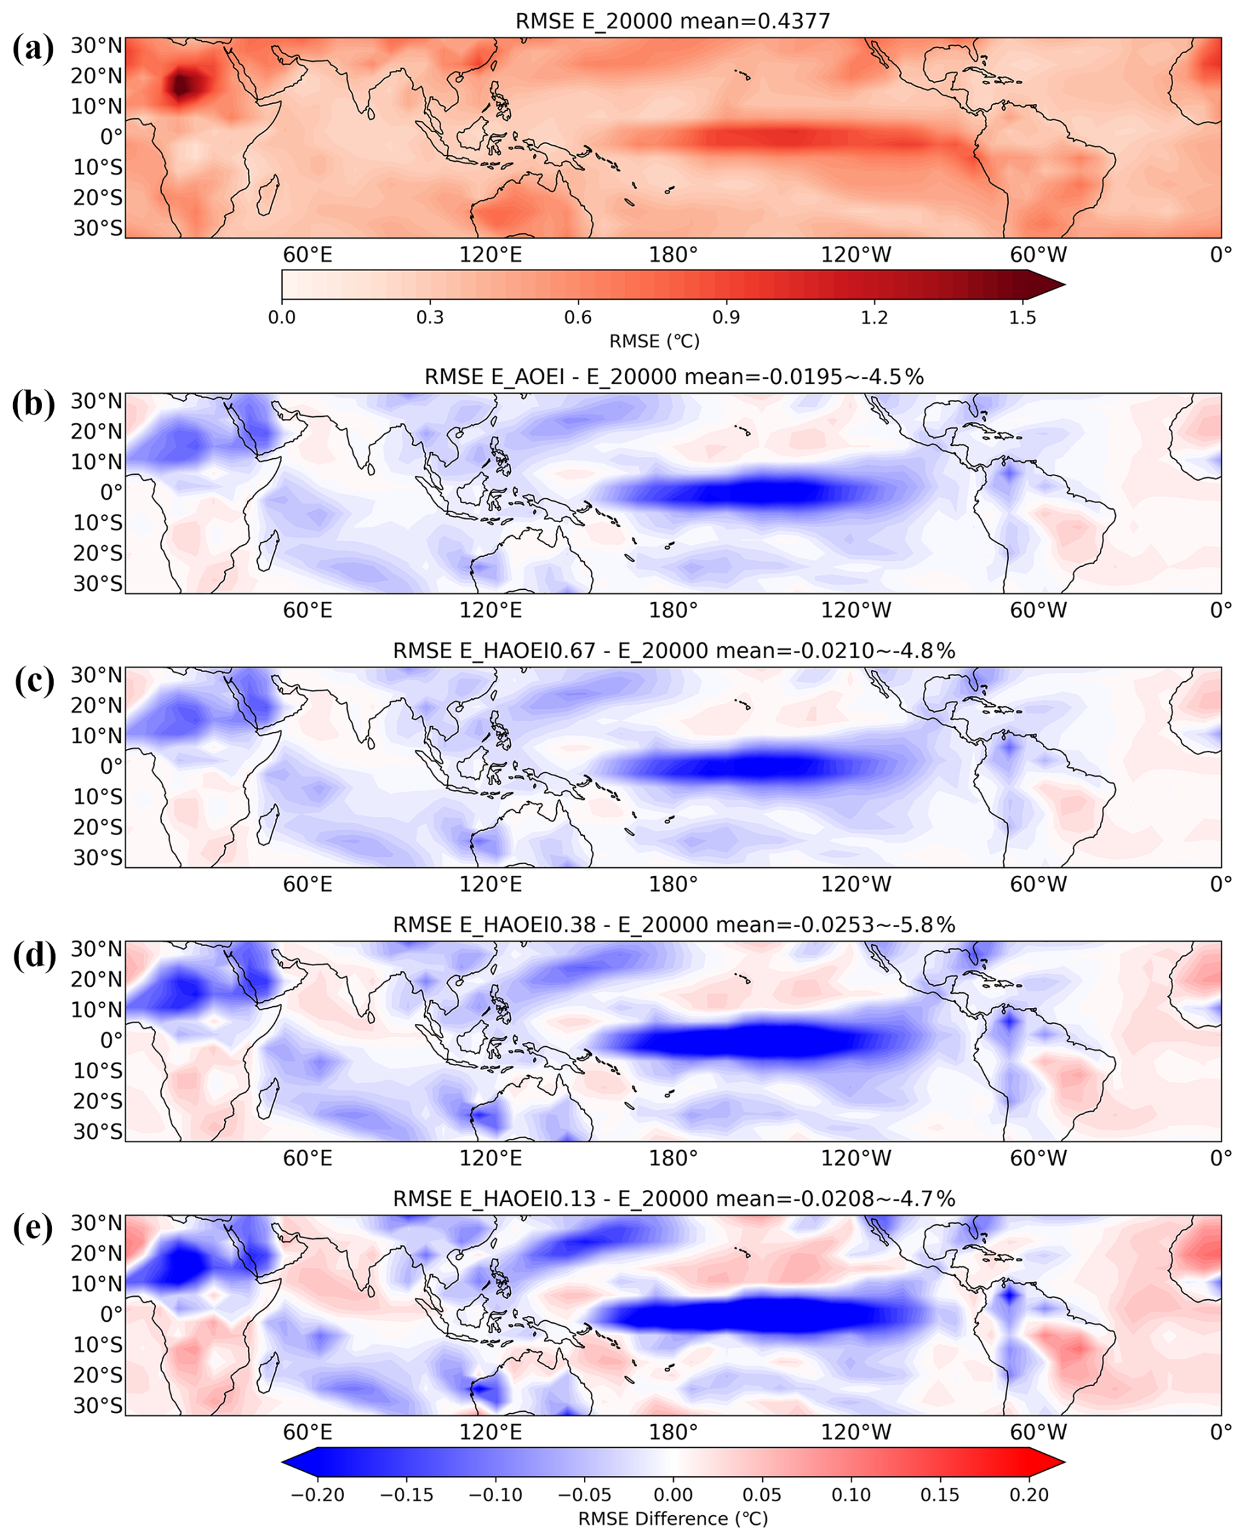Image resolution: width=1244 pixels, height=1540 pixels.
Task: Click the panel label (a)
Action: pyautogui.click(x=33, y=49)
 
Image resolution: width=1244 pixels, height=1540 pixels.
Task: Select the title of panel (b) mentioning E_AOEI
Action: pyautogui.click(x=673, y=376)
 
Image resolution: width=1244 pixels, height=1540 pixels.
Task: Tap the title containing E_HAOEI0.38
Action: pyautogui.click(x=673, y=925)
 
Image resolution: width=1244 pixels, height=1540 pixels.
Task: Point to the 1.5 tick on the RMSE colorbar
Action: pyautogui.click(x=1022, y=317)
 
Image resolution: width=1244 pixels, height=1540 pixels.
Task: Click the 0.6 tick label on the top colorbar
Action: pyautogui.click(x=577, y=317)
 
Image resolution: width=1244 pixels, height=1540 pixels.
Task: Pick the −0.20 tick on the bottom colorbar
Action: pyautogui.click(x=318, y=1495)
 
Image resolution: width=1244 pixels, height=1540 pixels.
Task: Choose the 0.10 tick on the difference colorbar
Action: pyautogui.click(x=851, y=1495)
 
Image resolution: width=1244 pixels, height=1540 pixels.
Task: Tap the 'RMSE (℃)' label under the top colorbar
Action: pyautogui.click(x=654, y=341)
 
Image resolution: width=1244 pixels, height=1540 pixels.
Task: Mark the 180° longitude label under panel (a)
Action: pyautogui.click(x=673, y=254)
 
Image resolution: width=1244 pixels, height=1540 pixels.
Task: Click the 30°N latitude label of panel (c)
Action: pyautogui.click(x=97, y=675)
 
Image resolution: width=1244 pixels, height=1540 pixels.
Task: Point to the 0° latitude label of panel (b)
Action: pyautogui.click(x=111, y=493)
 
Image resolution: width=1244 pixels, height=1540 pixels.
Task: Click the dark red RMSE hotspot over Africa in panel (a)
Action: pyautogui.click(x=183, y=85)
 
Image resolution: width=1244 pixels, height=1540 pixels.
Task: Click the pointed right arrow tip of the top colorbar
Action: pyautogui.click(x=1065, y=285)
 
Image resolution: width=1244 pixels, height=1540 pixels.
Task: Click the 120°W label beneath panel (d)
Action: pyautogui.click(x=855, y=1158)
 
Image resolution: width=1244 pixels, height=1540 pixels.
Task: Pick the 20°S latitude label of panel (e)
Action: pyautogui.click(x=97, y=1375)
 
